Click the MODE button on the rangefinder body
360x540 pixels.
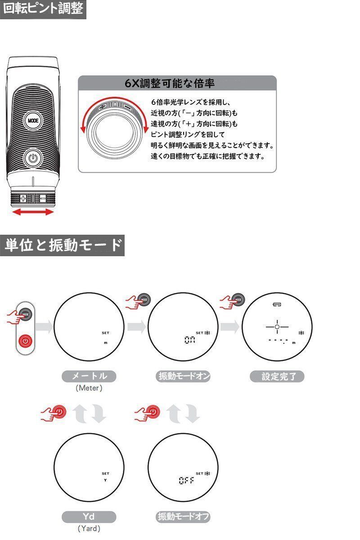coord(32,121)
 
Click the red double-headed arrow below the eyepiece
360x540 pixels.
coord(33,211)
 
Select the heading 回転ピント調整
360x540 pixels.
coord(43,9)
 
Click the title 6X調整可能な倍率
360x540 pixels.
coord(170,84)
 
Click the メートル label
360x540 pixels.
coord(89,376)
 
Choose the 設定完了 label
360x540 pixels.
coord(277,376)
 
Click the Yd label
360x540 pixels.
coord(89,517)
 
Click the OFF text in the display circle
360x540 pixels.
coord(186,481)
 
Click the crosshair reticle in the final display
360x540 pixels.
coord(277,326)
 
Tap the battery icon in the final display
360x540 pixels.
coord(276,305)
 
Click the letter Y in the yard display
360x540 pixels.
coord(105,480)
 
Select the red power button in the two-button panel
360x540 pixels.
coord(26,341)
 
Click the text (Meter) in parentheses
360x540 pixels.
coord(89,388)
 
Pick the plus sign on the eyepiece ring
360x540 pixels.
coord(23,198)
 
